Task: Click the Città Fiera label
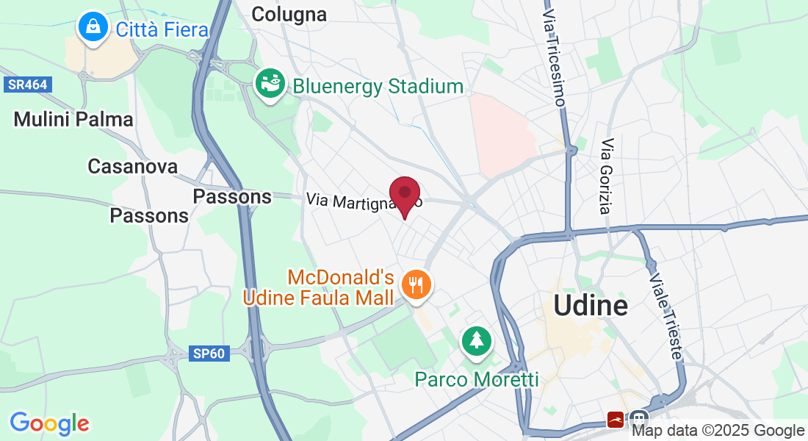(x=162, y=29)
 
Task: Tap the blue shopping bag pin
(x=93, y=27)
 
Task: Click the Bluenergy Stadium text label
(x=378, y=87)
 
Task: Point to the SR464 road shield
(x=28, y=85)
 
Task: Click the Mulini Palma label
(x=73, y=119)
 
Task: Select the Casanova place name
(x=132, y=166)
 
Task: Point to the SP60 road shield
(x=209, y=354)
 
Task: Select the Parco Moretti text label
(x=477, y=379)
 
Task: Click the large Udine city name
(x=591, y=305)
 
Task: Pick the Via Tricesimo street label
(x=554, y=59)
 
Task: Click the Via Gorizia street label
(x=605, y=176)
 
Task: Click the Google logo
(x=49, y=423)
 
